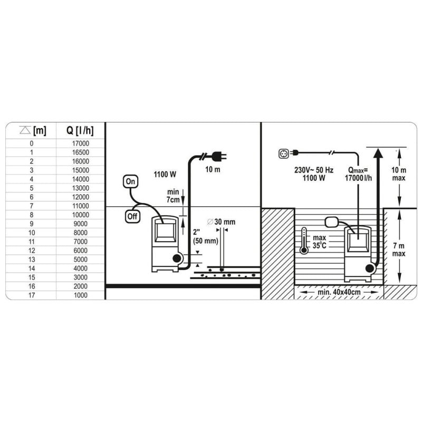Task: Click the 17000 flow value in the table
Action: click(x=81, y=143)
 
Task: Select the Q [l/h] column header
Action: click(x=80, y=130)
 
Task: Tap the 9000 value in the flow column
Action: click(x=81, y=224)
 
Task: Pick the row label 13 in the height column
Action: click(x=32, y=260)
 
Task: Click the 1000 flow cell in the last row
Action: click(x=81, y=295)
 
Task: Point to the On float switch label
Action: click(x=130, y=181)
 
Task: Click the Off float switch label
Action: click(x=132, y=216)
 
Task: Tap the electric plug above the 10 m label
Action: click(x=219, y=156)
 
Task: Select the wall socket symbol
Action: click(x=284, y=154)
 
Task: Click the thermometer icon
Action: click(x=304, y=241)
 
